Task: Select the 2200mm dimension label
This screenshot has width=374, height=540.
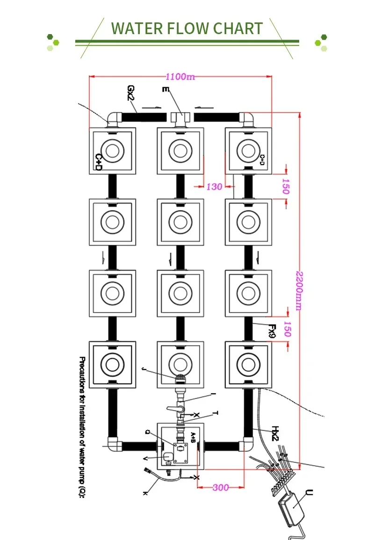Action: point(298,290)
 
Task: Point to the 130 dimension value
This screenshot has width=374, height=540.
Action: point(214,187)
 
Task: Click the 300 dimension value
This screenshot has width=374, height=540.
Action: point(221,488)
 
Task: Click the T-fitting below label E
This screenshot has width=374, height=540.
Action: point(180,119)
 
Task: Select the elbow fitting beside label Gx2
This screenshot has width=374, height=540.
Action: point(114,119)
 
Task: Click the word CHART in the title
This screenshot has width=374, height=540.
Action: point(237,28)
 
